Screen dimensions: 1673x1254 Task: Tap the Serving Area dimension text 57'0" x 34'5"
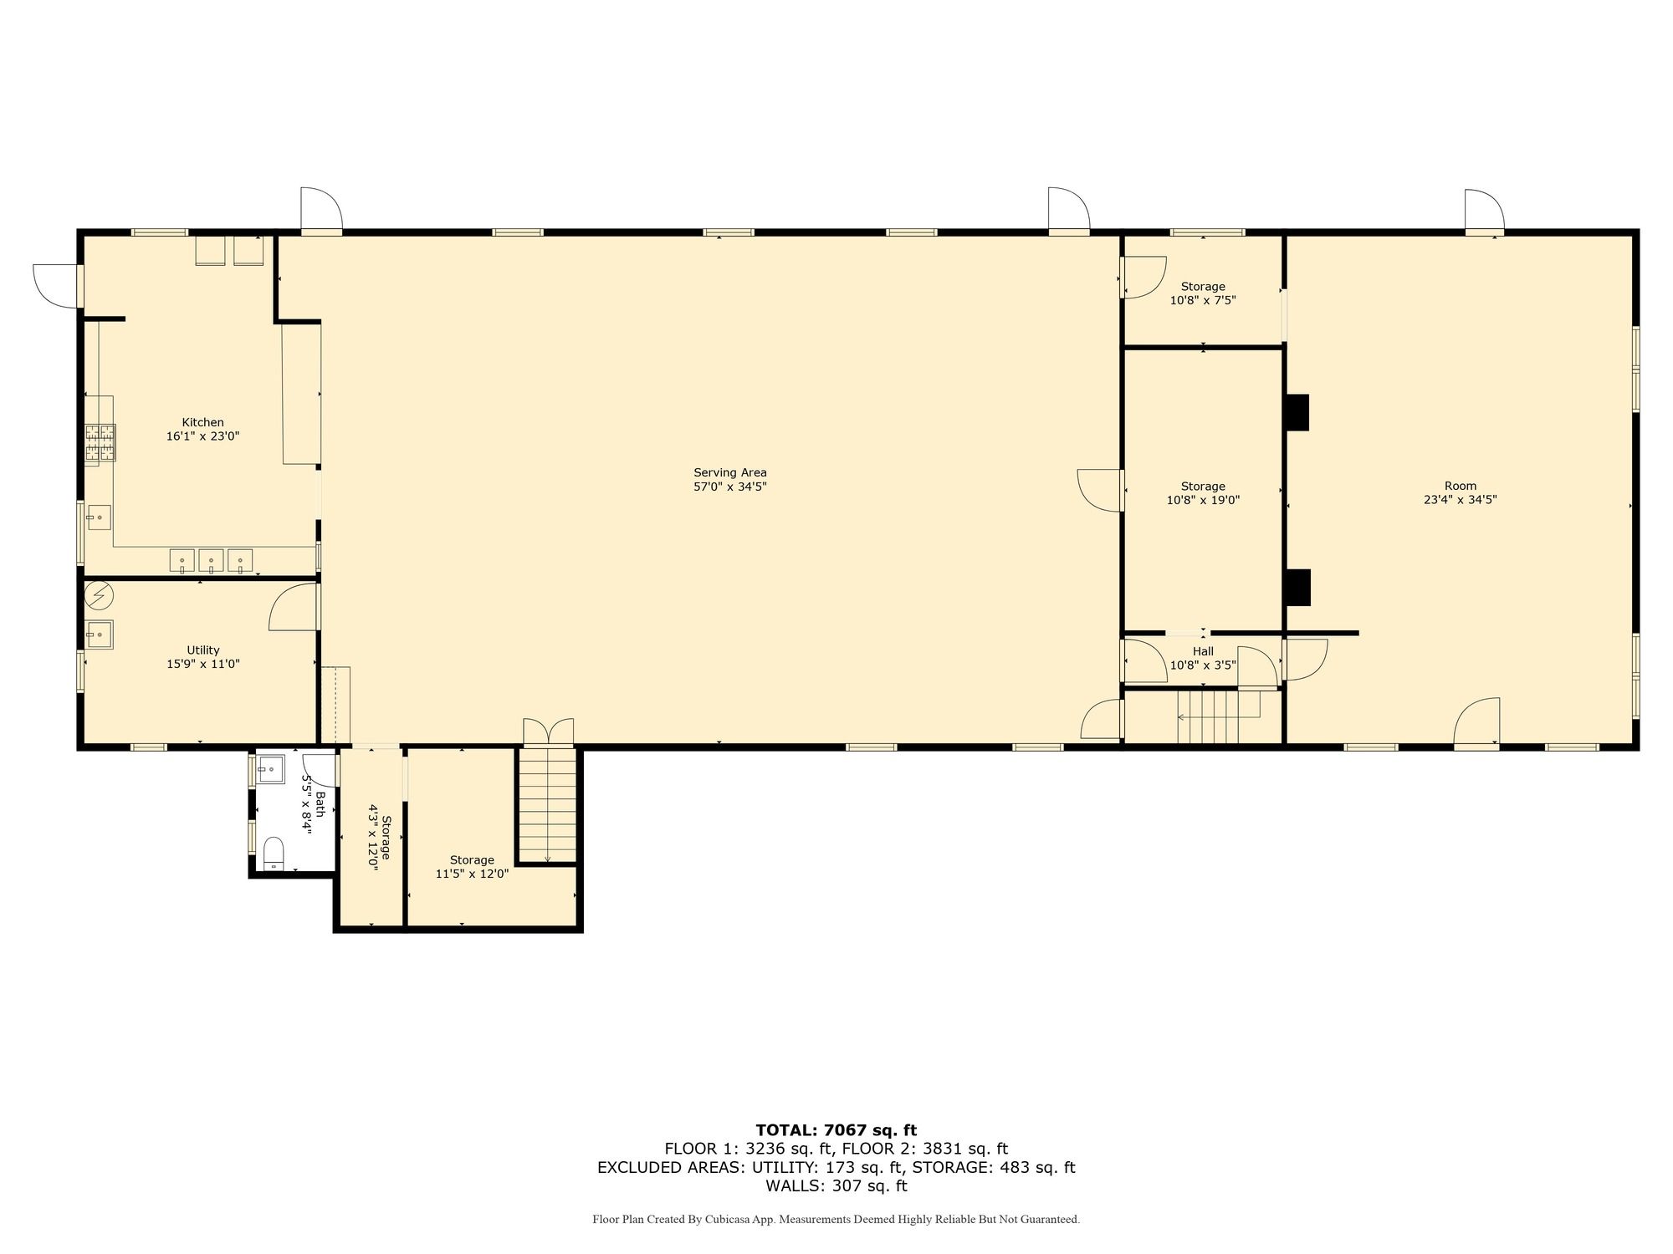coord(730,487)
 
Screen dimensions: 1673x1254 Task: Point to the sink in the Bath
coord(270,768)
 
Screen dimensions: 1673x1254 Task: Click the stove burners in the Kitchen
coord(100,443)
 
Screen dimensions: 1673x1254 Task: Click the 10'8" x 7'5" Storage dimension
coord(1203,300)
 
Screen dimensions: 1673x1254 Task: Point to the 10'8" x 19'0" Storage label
coord(1203,493)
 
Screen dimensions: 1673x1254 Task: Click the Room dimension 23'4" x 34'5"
coord(1461,500)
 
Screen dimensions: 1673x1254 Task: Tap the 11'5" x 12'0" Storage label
coord(472,867)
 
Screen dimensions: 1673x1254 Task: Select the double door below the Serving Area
coord(549,731)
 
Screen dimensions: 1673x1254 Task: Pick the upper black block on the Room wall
coord(1297,412)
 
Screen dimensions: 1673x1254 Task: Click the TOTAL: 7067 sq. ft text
coord(836,1131)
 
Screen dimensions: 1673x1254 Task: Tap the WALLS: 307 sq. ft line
coord(836,1185)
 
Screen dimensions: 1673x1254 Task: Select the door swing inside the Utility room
coord(294,607)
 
